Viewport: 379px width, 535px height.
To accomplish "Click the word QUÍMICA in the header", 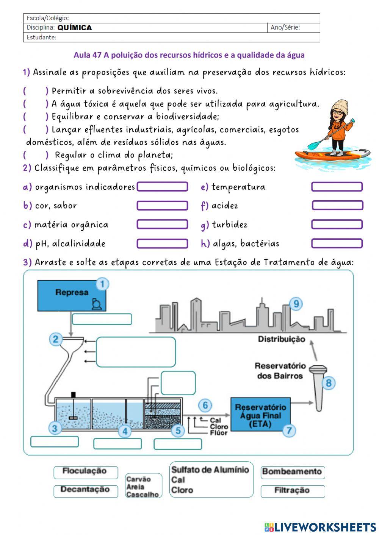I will (x=75, y=28).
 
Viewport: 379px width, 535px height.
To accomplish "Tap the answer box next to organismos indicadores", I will (x=162, y=187).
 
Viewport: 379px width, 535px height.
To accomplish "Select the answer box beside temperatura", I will (x=337, y=187).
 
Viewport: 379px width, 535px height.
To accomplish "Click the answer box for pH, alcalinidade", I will (x=162, y=243).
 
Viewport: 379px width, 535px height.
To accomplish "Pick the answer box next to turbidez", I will (x=337, y=225).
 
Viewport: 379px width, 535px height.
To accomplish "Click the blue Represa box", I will (x=71, y=296).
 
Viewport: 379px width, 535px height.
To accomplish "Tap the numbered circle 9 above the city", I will (x=296, y=304).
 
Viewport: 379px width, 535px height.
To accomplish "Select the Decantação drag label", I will (x=85, y=490).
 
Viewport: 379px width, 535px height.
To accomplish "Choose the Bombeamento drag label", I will (x=292, y=472).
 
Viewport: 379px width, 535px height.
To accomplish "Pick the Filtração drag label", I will (x=292, y=491).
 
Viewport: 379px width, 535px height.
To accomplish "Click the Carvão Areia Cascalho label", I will (x=143, y=487).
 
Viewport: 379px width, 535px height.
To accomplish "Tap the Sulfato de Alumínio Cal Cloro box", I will (x=211, y=480).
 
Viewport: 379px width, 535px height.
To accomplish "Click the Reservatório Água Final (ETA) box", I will (x=260, y=415).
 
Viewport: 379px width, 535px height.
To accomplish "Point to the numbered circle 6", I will (x=205, y=405).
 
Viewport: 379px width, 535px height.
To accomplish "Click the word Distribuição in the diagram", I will (x=281, y=339).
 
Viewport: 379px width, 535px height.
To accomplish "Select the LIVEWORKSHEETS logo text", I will (x=325, y=527).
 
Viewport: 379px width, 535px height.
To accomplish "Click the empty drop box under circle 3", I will (x=55, y=441).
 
